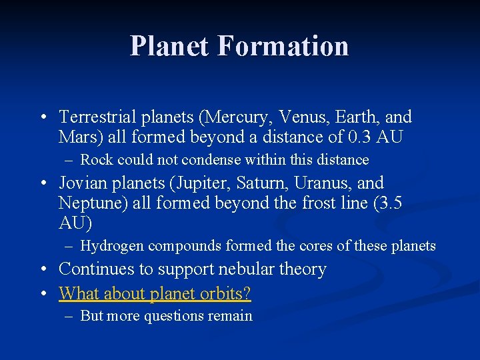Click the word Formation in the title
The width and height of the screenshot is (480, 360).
coord(283,46)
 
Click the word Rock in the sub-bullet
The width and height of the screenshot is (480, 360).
coord(97,160)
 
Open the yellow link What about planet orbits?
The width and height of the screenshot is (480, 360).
coord(155,293)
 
